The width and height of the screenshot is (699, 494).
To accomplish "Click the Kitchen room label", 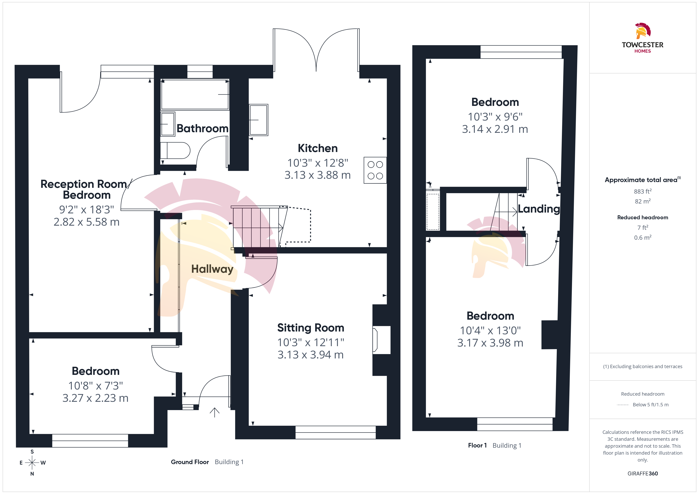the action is (318, 148).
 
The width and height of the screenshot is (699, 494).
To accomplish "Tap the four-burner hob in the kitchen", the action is (375, 170).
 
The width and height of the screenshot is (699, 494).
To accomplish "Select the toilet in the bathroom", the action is (175, 150).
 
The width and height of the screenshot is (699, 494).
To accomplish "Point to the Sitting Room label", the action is (310, 328).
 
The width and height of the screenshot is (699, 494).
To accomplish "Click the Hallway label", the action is (212, 269).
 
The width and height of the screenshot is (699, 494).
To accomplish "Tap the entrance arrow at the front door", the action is (215, 412).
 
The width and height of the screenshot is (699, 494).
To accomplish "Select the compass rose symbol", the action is (32, 463).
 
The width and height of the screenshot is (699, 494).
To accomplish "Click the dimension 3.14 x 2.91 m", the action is (495, 129).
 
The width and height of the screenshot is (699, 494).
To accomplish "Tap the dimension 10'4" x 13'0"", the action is (490, 330).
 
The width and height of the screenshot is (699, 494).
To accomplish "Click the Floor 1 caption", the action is (477, 445).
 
